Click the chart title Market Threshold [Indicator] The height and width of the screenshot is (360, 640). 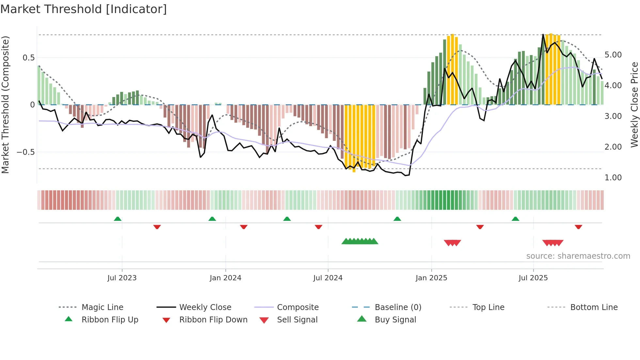84,9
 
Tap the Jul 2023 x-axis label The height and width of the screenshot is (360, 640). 122,278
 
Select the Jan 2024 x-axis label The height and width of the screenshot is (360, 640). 225,278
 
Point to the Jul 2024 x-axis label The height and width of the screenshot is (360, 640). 328,278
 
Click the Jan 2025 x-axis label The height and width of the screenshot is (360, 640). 431,278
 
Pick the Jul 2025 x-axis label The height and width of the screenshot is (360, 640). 533,278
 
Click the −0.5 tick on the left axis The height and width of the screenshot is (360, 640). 26,152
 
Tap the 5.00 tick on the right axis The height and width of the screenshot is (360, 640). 613,55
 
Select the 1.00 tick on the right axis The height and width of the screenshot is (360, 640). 613,178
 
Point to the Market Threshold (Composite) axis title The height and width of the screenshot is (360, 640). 5,105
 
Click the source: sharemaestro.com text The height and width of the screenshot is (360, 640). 578,256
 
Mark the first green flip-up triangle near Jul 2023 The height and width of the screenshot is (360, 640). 118,219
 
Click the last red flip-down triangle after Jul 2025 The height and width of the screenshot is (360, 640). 578,227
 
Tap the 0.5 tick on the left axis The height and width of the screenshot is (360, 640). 28,58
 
